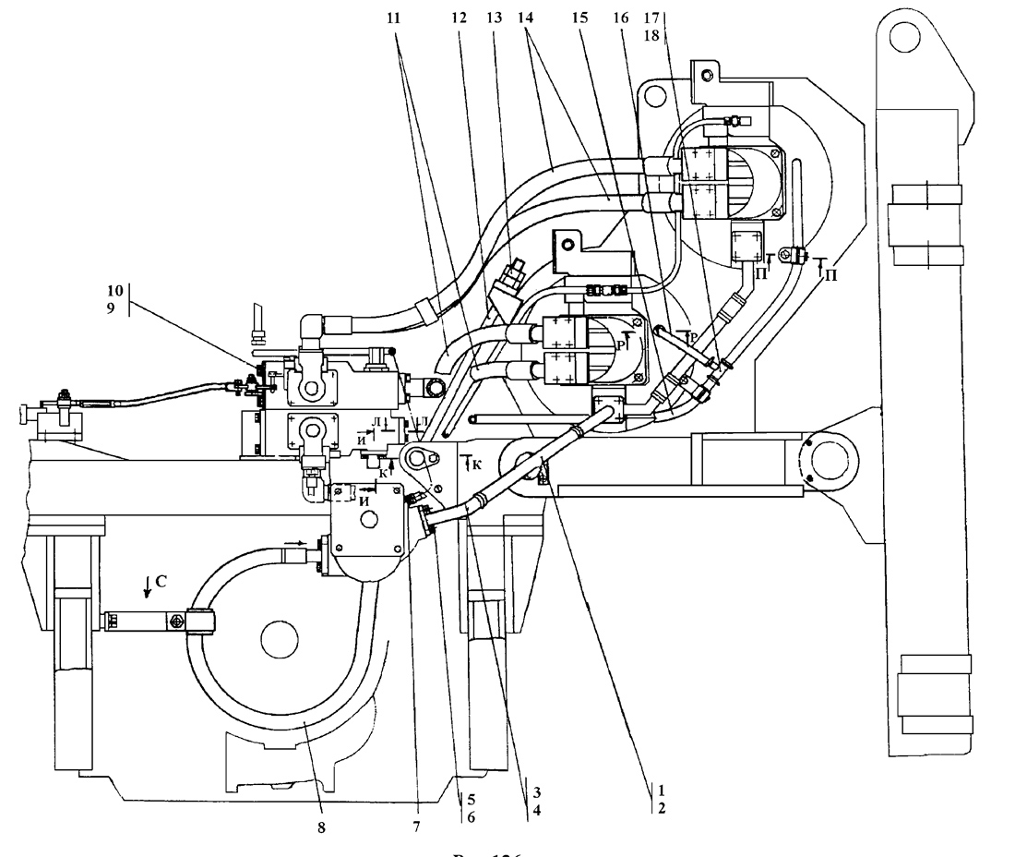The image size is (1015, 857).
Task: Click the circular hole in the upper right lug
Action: (x=902, y=36)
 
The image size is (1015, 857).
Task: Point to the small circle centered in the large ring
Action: (x=276, y=638)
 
